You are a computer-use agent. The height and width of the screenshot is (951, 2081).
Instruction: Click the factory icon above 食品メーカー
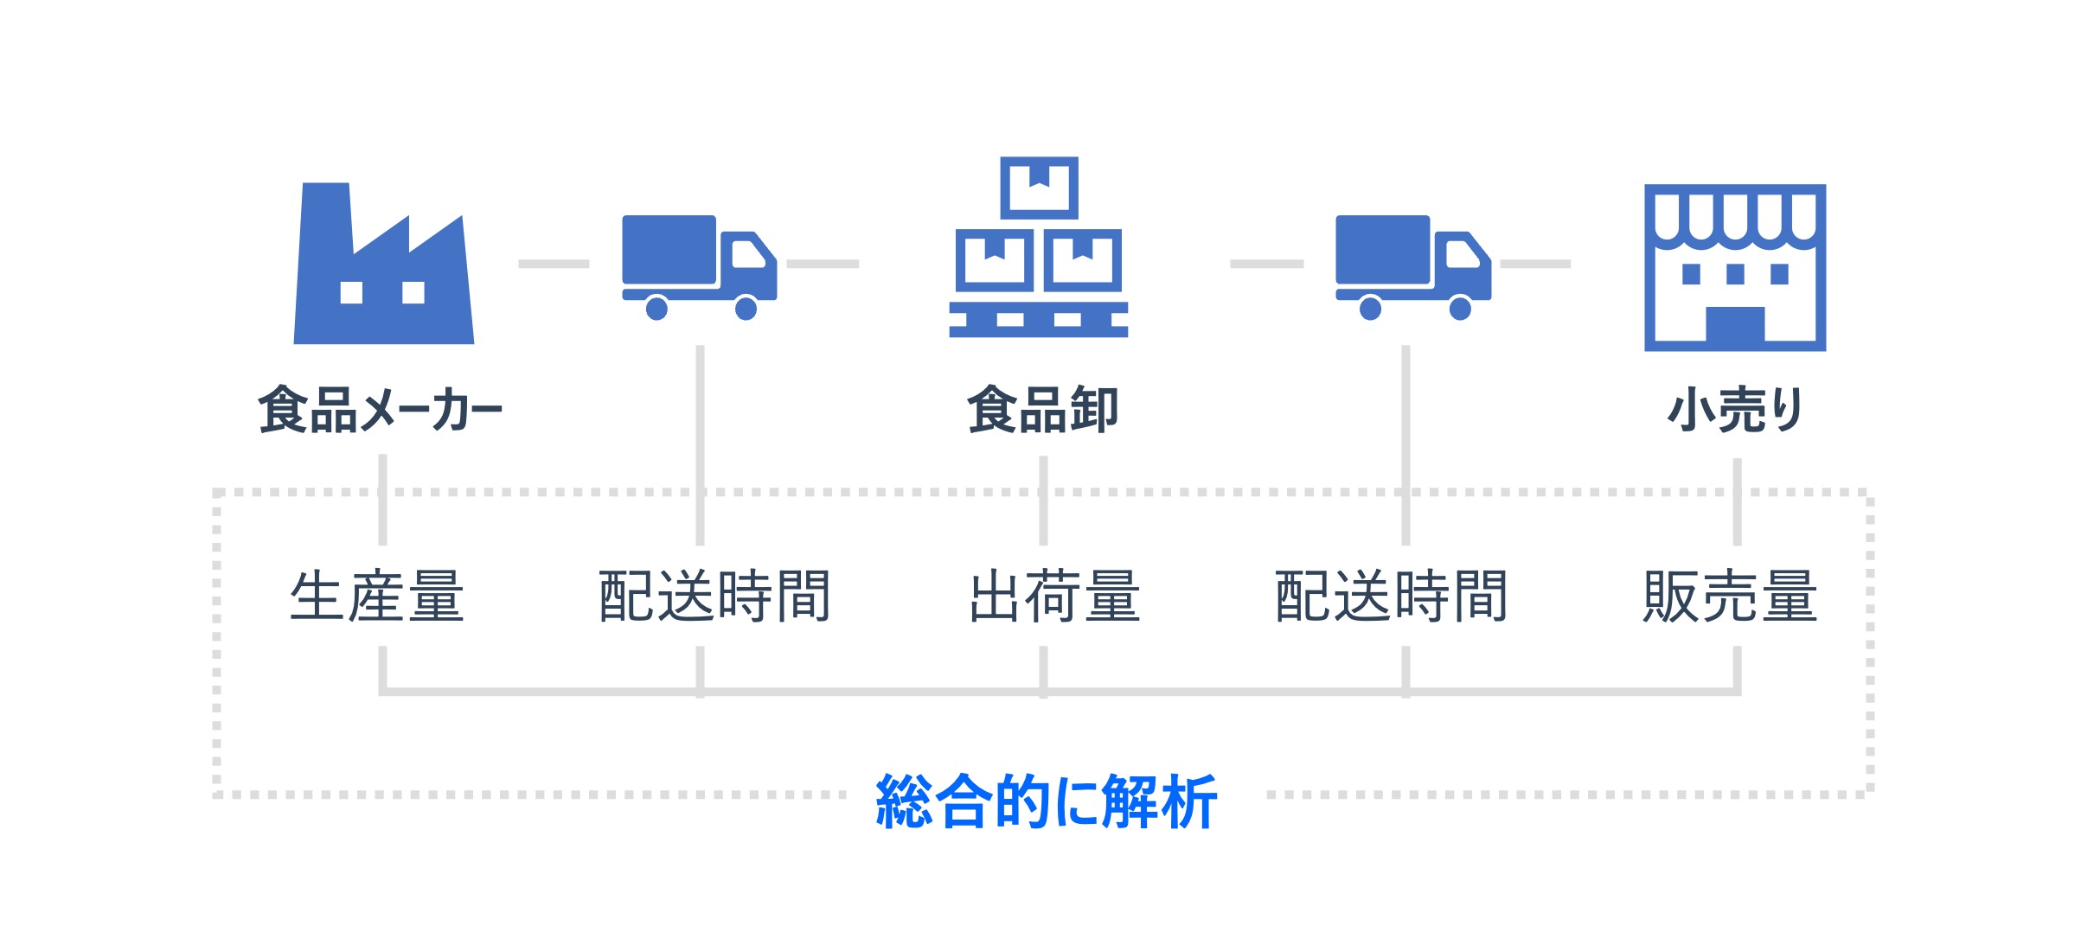384,264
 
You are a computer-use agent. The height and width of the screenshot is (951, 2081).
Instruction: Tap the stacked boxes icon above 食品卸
1039,247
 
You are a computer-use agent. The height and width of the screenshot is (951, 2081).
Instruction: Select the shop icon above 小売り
1735,268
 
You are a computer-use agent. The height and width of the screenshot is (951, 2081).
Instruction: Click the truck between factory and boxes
700,267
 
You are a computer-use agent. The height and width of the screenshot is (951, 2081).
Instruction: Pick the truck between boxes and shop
1413,267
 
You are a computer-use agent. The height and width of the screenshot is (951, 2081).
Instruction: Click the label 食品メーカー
381,410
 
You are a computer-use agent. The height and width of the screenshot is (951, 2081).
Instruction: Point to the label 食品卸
1043,410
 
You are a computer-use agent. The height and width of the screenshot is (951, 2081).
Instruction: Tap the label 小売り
1735,410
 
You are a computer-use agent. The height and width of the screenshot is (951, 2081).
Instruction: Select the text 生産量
377,597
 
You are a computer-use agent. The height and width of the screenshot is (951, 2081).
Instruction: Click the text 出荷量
1055,597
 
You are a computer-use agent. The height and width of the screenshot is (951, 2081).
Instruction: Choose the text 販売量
1731,597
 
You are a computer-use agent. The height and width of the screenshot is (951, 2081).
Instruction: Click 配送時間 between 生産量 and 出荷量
714,597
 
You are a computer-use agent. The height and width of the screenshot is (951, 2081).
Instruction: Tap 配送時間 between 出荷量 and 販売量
1392,597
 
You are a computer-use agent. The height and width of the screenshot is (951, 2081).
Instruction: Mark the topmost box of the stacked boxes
1039,188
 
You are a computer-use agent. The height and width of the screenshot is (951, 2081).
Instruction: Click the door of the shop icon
1735,324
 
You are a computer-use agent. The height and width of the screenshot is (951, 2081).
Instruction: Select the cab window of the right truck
1462,254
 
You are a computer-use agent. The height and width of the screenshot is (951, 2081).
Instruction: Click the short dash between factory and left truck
554,264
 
